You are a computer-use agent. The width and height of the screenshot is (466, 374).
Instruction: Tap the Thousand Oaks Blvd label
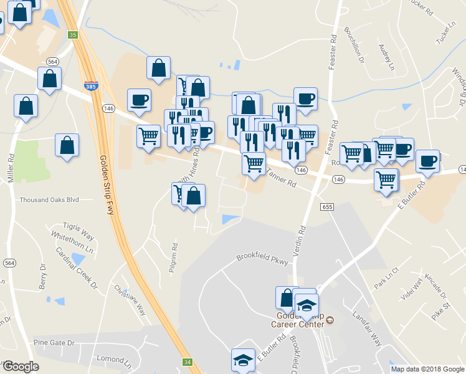tap(49, 200)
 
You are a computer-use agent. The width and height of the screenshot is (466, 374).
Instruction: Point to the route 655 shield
tap(327, 206)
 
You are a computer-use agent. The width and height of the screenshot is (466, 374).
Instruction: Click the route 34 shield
tap(188, 362)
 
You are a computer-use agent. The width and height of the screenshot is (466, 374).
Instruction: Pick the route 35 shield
tap(73, 35)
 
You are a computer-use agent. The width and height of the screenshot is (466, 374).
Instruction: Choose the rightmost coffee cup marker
tap(427, 161)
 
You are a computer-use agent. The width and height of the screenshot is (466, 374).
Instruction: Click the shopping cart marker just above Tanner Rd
tap(254, 163)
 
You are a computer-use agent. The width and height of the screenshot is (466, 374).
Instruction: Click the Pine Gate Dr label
tap(54, 343)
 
